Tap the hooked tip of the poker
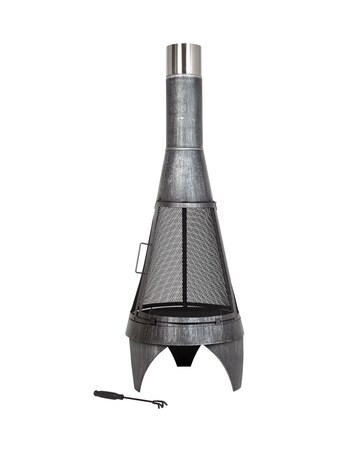(159, 404)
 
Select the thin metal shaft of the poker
(135, 400)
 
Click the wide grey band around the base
(186, 331)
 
